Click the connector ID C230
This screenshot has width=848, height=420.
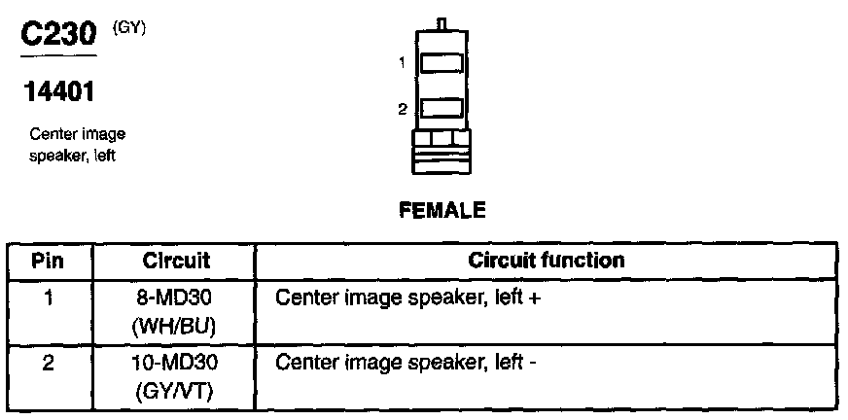(58, 35)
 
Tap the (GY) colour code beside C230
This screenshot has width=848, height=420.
(129, 27)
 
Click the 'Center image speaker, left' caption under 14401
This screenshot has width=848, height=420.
(77, 145)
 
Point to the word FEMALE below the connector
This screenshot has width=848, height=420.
(442, 210)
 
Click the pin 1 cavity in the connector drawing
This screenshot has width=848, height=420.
(442, 64)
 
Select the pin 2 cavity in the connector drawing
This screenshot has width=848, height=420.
(442, 109)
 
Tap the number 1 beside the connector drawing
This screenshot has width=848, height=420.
(402, 64)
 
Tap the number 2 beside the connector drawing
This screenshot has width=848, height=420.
(402, 110)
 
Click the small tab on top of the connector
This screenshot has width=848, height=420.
(442, 22)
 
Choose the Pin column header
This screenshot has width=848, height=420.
(49, 262)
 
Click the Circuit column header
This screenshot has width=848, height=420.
(176, 262)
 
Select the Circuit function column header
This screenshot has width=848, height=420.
(547, 262)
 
